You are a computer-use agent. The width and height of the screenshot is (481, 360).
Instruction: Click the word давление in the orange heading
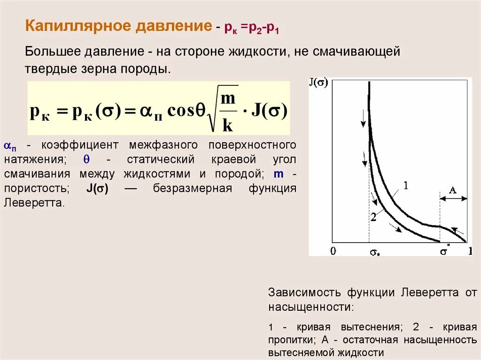click(173, 26)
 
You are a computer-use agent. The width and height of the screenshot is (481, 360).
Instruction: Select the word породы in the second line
click(151, 69)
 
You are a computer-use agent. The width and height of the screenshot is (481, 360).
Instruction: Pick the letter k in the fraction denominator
click(227, 125)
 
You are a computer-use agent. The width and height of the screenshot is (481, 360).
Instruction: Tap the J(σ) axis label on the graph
click(318, 83)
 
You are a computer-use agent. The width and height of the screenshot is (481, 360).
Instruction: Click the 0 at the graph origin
click(333, 251)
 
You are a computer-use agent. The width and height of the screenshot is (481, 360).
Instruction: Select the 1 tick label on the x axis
click(470, 251)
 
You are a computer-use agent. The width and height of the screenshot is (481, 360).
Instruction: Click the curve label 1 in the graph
click(406, 186)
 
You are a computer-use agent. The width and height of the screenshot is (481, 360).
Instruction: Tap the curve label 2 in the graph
click(373, 217)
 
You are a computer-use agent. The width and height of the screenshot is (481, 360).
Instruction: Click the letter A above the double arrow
click(453, 190)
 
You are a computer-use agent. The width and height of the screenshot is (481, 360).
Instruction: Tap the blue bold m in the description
click(279, 174)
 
